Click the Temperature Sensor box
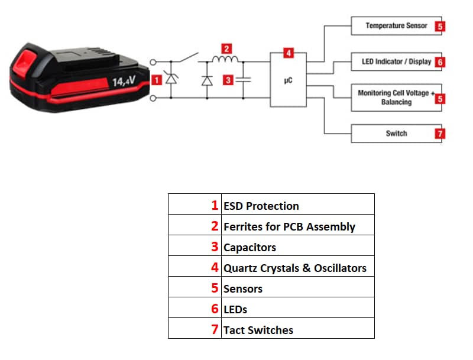pyautogui.click(x=396, y=26)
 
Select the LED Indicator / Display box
pyautogui.click(x=396, y=61)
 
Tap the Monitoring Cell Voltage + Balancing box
pyautogui.click(x=396, y=98)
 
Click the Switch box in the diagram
pyautogui.click(x=396, y=134)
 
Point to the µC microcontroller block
pyautogui.click(x=289, y=80)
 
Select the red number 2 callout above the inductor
pyautogui.click(x=226, y=48)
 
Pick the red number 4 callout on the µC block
pyautogui.click(x=289, y=53)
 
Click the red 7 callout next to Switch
pyautogui.click(x=439, y=134)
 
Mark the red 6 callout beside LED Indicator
pyautogui.click(x=439, y=61)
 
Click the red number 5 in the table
pyautogui.click(x=215, y=288)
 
